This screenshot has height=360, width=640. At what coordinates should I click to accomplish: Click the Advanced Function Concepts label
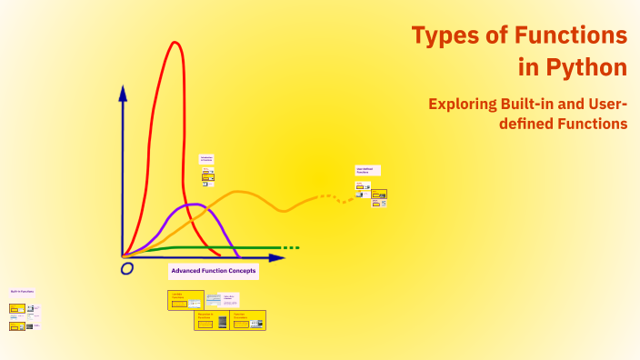pyautogui.click(x=214, y=271)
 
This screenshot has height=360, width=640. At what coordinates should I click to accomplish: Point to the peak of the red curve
pyautogui.click(x=174, y=42)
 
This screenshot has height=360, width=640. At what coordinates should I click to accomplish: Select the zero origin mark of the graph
pyautogui.click(x=127, y=268)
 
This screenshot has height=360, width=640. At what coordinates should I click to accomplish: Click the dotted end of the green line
pyautogui.click(x=290, y=247)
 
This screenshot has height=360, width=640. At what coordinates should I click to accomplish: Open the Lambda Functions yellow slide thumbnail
pyautogui.click(x=185, y=300)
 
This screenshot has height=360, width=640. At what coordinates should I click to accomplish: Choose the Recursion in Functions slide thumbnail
pyautogui.click(x=210, y=319)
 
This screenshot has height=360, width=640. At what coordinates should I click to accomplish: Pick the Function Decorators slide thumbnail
pyautogui.click(x=247, y=319)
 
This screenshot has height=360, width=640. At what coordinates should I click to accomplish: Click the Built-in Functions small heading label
pyautogui.click(x=22, y=292)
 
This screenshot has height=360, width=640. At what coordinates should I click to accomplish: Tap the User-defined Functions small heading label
pyautogui.click(x=367, y=170)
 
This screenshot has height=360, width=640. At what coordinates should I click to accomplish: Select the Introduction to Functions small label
pyautogui.click(x=206, y=159)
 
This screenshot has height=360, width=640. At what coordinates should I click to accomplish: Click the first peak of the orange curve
pyautogui.click(x=239, y=192)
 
